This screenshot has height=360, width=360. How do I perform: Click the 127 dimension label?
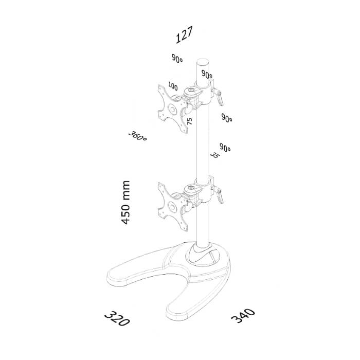click(184, 35)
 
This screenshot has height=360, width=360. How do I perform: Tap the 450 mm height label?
click(125, 202)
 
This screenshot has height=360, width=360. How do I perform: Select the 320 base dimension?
click(117, 319)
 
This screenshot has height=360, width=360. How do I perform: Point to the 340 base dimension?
click(243, 316)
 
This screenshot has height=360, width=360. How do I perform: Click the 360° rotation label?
click(137, 136)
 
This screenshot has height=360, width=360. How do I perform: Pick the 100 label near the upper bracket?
click(173, 86)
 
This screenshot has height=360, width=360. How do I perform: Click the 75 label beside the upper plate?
click(190, 121)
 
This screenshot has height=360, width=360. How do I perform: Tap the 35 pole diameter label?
click(215, 155)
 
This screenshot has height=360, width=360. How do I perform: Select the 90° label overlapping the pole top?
click(207, 74)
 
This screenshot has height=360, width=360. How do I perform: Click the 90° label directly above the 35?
click(225, 148)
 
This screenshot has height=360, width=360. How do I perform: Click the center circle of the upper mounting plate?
click(172, 109)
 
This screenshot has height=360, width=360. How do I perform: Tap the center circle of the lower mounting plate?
click(172, 207)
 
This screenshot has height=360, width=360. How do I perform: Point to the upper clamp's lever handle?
click(220, 99)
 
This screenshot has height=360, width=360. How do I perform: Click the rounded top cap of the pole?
click(203, 62)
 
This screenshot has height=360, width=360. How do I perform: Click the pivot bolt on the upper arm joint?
click(191, 90)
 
